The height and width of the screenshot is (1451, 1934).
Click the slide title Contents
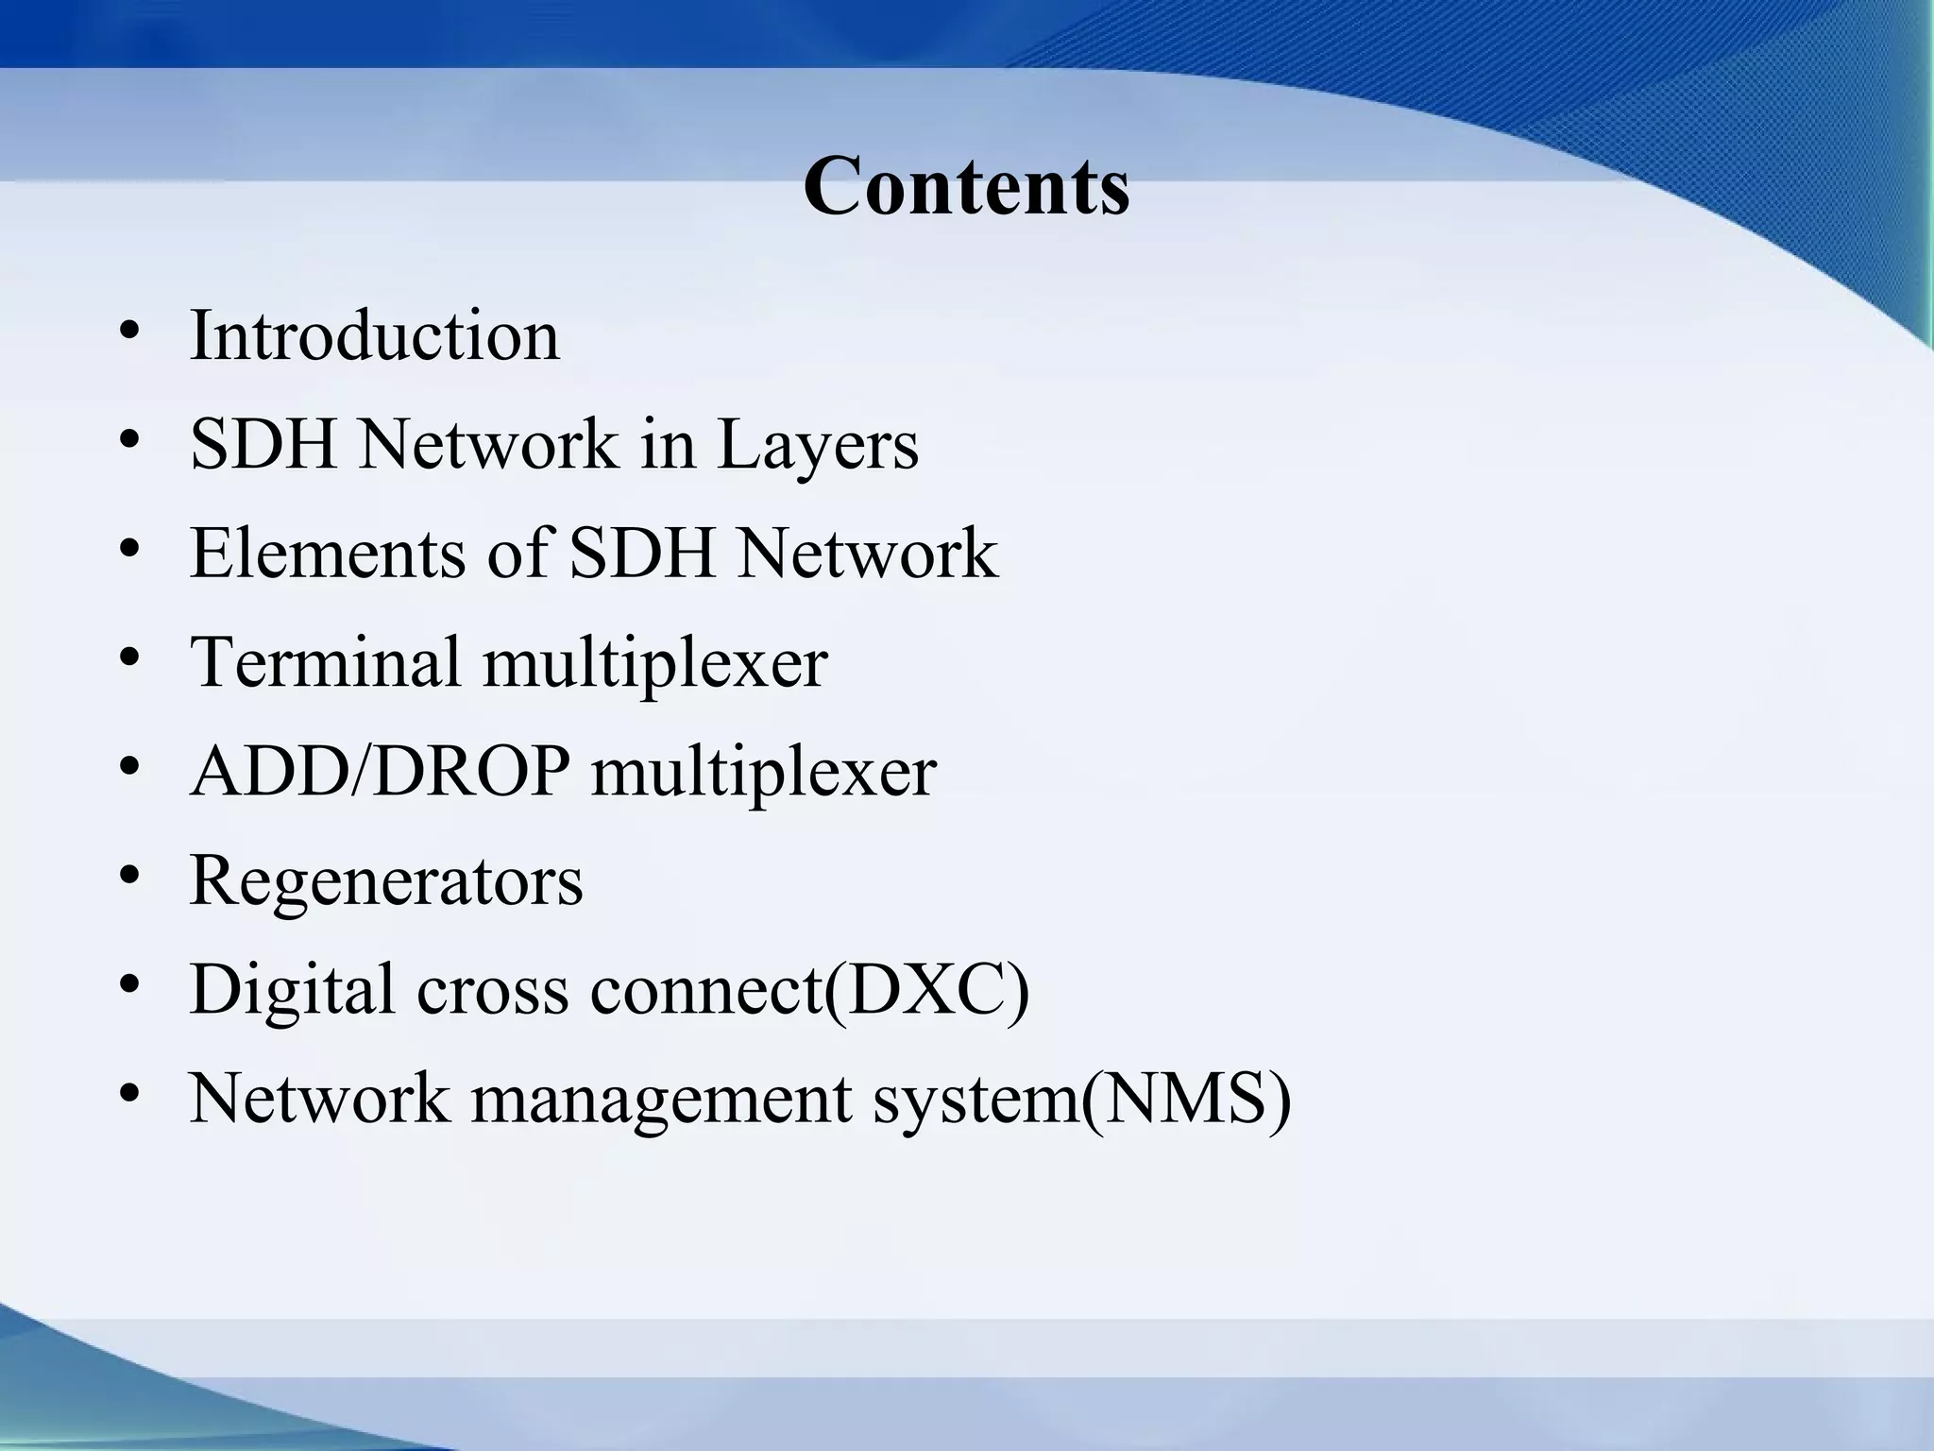click(966, 186)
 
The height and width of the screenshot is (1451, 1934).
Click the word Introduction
click(375, 335)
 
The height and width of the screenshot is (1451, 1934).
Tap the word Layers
click(818, 445)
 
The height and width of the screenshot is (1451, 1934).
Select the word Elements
click(328, 554)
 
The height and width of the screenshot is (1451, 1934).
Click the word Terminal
click(325, 662)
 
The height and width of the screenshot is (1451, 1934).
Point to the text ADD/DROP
click(380, 772)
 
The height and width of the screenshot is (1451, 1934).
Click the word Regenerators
click(386, 881)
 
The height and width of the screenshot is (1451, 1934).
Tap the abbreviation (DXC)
click(926, 990)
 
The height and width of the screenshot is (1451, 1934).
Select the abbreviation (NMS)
click(1186, 1099)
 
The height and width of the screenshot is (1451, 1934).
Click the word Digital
click(292, 990)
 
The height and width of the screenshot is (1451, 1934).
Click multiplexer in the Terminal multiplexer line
click(654, 664)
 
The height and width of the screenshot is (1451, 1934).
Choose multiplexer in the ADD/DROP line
click(763, 774)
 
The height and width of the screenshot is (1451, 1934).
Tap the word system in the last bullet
click(974, 1101)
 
